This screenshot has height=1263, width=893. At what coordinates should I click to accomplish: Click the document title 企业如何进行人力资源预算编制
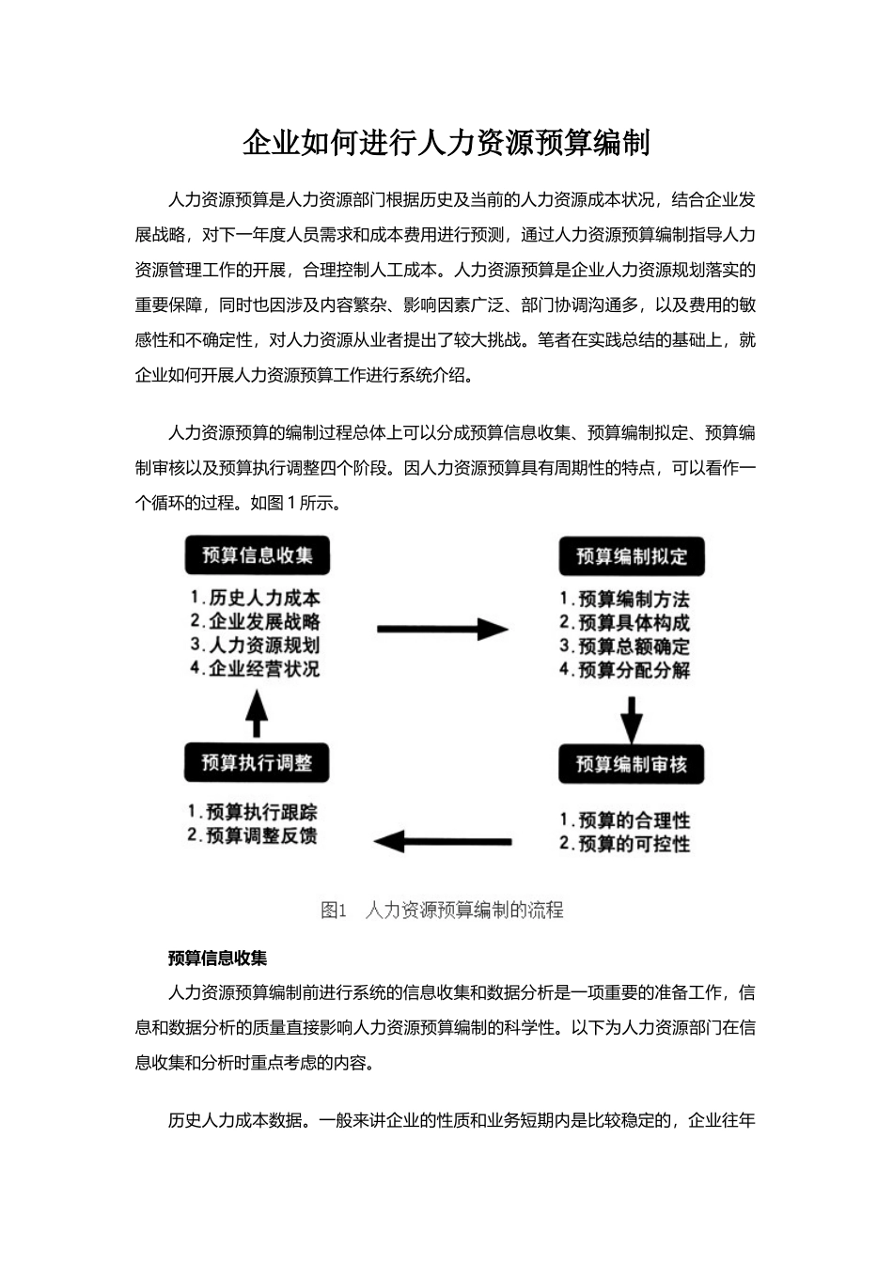[x=446, y=143]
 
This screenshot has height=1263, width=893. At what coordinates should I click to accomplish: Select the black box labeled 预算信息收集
[x=258, y=554]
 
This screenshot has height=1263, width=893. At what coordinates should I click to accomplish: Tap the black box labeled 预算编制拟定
[x=632, y=556]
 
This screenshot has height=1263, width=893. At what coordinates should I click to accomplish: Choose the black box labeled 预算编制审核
[x=632, y=765]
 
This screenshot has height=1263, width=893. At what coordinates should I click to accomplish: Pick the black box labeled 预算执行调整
[x=257, y=762]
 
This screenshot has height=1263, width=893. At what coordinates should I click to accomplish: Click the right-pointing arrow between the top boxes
[x=442, y=630]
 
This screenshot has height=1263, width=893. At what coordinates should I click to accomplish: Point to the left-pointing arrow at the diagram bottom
[x=443, y=841]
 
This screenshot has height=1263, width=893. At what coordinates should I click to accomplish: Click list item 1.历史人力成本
[x=255, y=598]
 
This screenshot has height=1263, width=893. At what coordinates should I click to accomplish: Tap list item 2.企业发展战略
[x=255, y=621]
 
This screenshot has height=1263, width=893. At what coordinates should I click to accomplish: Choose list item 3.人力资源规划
[x=255, y=645]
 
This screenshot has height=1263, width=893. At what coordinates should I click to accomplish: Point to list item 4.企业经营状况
[x=255, y=668]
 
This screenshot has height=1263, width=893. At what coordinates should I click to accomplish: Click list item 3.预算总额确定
[x=625, y=647]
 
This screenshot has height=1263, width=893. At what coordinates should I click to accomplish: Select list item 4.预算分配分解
[x=625, y=670]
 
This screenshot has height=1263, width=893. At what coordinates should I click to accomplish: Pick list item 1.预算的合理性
[x=625, y=820]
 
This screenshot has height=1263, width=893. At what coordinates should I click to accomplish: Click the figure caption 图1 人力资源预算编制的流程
[x=442, y=910]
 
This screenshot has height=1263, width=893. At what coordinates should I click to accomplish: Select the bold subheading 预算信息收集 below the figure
[x=217, y=959]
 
